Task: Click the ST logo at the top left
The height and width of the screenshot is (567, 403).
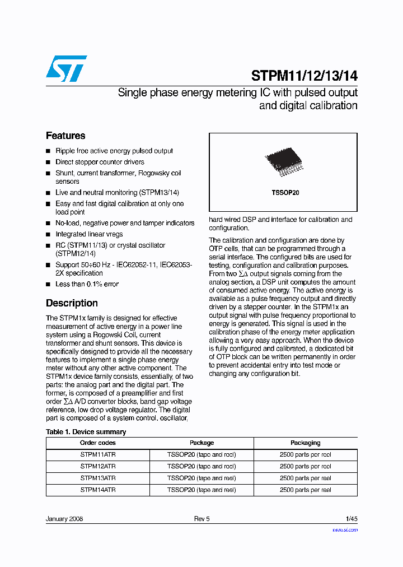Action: [x=66, y=68]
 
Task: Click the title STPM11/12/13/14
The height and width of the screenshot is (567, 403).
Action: [x=304, y=76]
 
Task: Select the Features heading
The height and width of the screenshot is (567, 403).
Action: [x=65, y=136]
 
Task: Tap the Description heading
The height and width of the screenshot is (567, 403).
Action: [x=72, y=303]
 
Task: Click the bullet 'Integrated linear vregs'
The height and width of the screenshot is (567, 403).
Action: [x=89, y=234]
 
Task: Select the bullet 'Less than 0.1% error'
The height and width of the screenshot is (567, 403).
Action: [x=87, y=284]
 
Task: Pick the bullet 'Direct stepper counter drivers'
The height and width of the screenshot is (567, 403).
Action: [x=100, y=162]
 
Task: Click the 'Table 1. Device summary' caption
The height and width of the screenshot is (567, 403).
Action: [x=86, y=432]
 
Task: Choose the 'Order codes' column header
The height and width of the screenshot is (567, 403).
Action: [x=98, y=443]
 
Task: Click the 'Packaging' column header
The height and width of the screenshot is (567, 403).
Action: [x=305, y=443]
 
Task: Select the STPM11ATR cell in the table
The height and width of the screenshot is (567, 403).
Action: [x=98, y=455]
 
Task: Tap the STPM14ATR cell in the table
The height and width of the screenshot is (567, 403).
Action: [x=98, y=490]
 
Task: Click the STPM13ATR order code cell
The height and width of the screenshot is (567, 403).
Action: [x=98, y=478]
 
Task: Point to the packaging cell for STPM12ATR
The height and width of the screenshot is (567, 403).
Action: [x=305, y=466]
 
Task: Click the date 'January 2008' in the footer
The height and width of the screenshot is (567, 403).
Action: [x=64, y=519]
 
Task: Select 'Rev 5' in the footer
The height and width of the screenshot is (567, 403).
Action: [x=201, y=519]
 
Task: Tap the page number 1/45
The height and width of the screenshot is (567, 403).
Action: [x=351, y=519]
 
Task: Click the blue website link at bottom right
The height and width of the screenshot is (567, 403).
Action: [x=345, y=529]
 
